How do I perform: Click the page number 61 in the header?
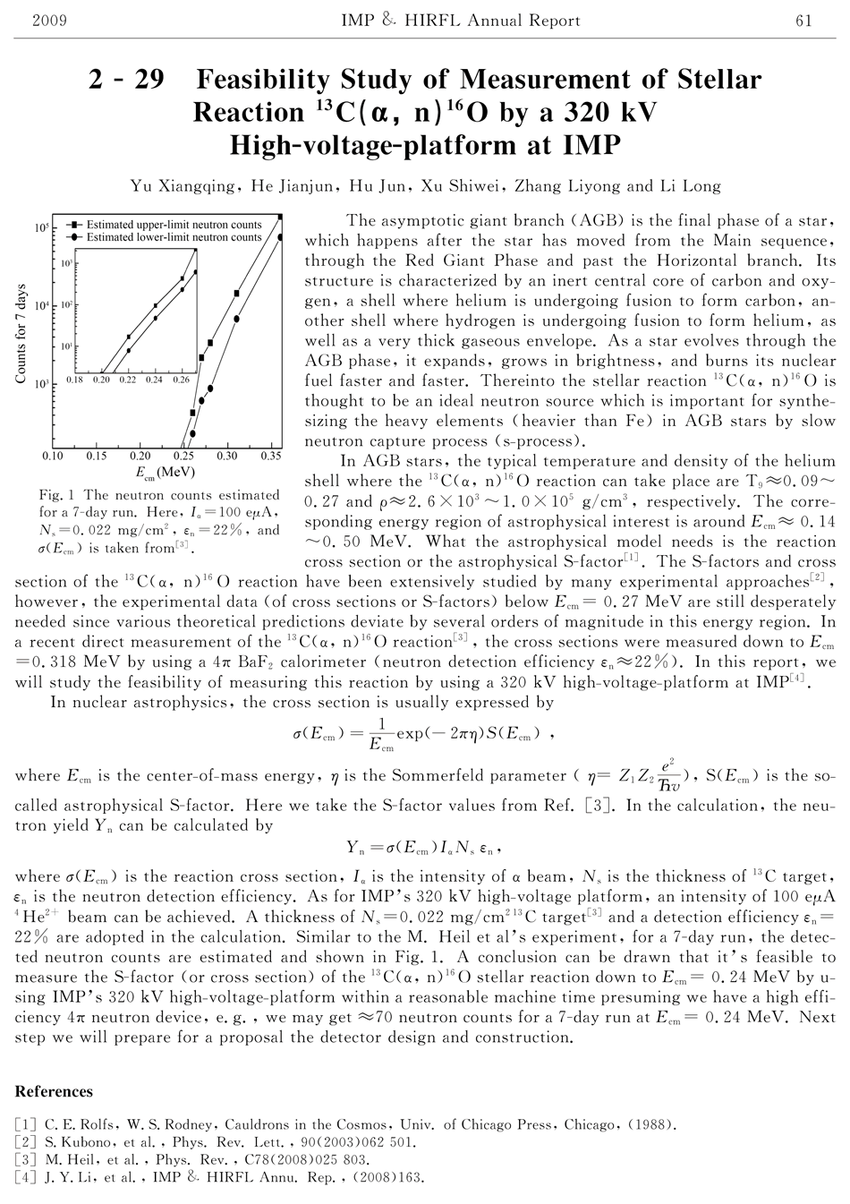click(803, 21)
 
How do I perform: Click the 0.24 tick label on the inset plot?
click(155, 380)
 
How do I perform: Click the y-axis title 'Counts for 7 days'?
click(21, 334)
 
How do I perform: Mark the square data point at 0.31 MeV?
click(237, 293)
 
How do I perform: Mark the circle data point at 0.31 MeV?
click(237, 318)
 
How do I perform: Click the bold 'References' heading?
click(54, 1091)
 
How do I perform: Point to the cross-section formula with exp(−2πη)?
click(424, 735)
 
